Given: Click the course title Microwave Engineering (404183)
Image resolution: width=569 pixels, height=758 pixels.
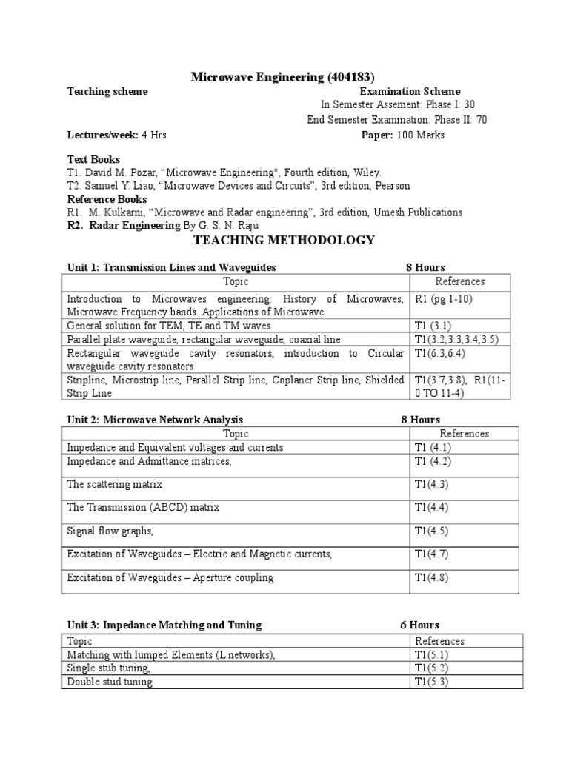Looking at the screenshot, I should coord(284,77).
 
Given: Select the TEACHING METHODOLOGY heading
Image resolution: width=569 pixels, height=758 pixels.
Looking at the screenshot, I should coord(284,240).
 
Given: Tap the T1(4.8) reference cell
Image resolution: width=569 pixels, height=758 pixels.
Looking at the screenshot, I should coord(431,577).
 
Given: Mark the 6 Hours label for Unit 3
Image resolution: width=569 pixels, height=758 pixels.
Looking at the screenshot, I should coord(419,625).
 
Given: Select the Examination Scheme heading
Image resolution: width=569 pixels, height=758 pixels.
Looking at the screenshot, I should coord(410,92).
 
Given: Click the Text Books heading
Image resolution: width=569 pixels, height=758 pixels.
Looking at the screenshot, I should coord(93,159).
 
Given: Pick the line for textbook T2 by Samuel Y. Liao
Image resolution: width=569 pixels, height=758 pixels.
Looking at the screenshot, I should coord(238,186).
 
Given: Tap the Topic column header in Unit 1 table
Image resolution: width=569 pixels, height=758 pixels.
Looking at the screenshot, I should coord(236,281).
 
